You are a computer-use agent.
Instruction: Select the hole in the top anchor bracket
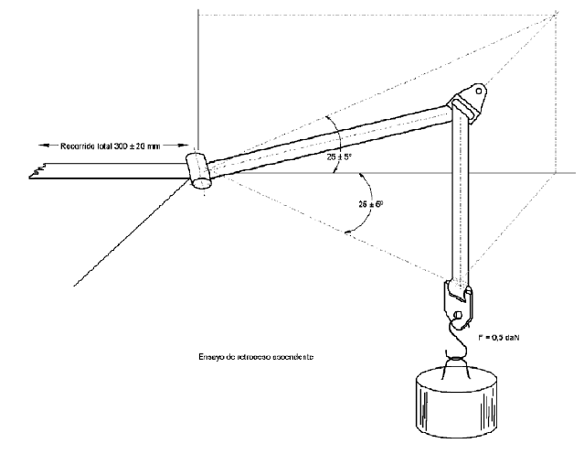477,91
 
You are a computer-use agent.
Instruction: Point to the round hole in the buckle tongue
457,317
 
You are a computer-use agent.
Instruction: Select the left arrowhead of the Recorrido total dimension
42,146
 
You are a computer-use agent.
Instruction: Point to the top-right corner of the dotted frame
557,14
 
